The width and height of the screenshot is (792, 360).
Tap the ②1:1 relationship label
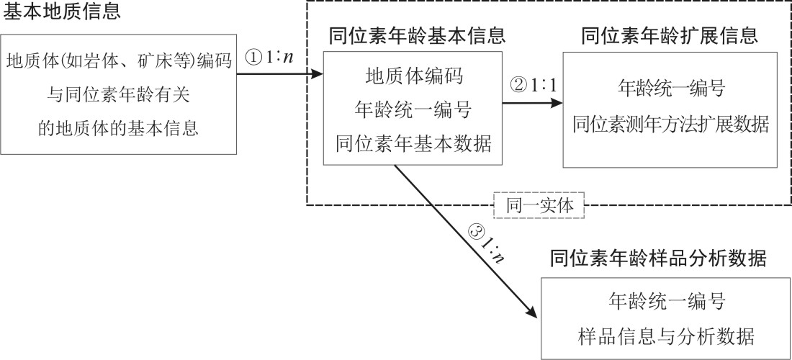tap(534, 85)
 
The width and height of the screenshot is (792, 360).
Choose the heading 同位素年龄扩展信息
tap(670, 35)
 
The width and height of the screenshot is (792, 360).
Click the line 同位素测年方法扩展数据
tap(670, 124)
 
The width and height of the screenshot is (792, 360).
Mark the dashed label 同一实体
tap(539, 205)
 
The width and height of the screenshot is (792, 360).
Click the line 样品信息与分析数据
tap(666, 336)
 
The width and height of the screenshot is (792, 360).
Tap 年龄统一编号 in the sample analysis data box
tap(666, 301)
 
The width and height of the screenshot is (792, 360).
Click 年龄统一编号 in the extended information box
tap(670, 89)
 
